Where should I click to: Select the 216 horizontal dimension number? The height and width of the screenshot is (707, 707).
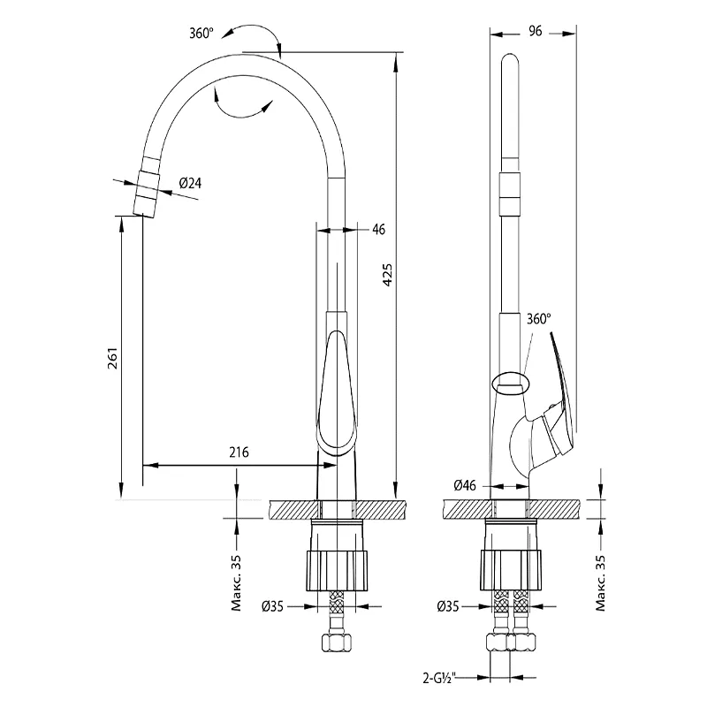coord(239,452)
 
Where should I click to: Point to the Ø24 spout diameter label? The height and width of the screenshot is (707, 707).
coord(191,183)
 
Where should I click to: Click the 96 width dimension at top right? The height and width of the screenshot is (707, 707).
coord(534,30)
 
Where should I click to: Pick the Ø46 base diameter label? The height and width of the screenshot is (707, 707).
coord(465,485)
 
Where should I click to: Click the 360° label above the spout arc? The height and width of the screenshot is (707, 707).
coord(201,33)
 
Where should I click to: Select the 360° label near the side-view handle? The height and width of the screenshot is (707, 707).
coord(538,318)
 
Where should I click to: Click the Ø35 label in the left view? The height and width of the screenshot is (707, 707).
coord(272,606)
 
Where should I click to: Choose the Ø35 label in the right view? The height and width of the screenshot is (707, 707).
coord(448,606)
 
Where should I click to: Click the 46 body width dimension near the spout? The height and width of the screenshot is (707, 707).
coord(378,230)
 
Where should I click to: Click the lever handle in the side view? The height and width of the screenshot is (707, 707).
coord(559,398)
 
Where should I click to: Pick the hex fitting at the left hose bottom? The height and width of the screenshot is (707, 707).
coord(337,642)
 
